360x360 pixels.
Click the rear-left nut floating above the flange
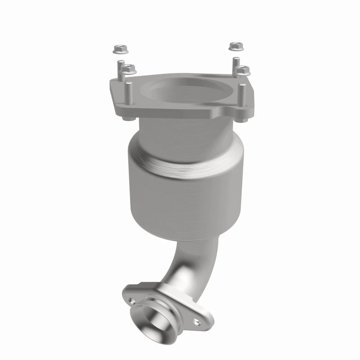pyautogui.click(x=119, y=47)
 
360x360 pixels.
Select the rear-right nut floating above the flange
pyautogui.click(x=235, y=46)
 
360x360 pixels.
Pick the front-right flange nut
pyautogui.click(x=243, y=70)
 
